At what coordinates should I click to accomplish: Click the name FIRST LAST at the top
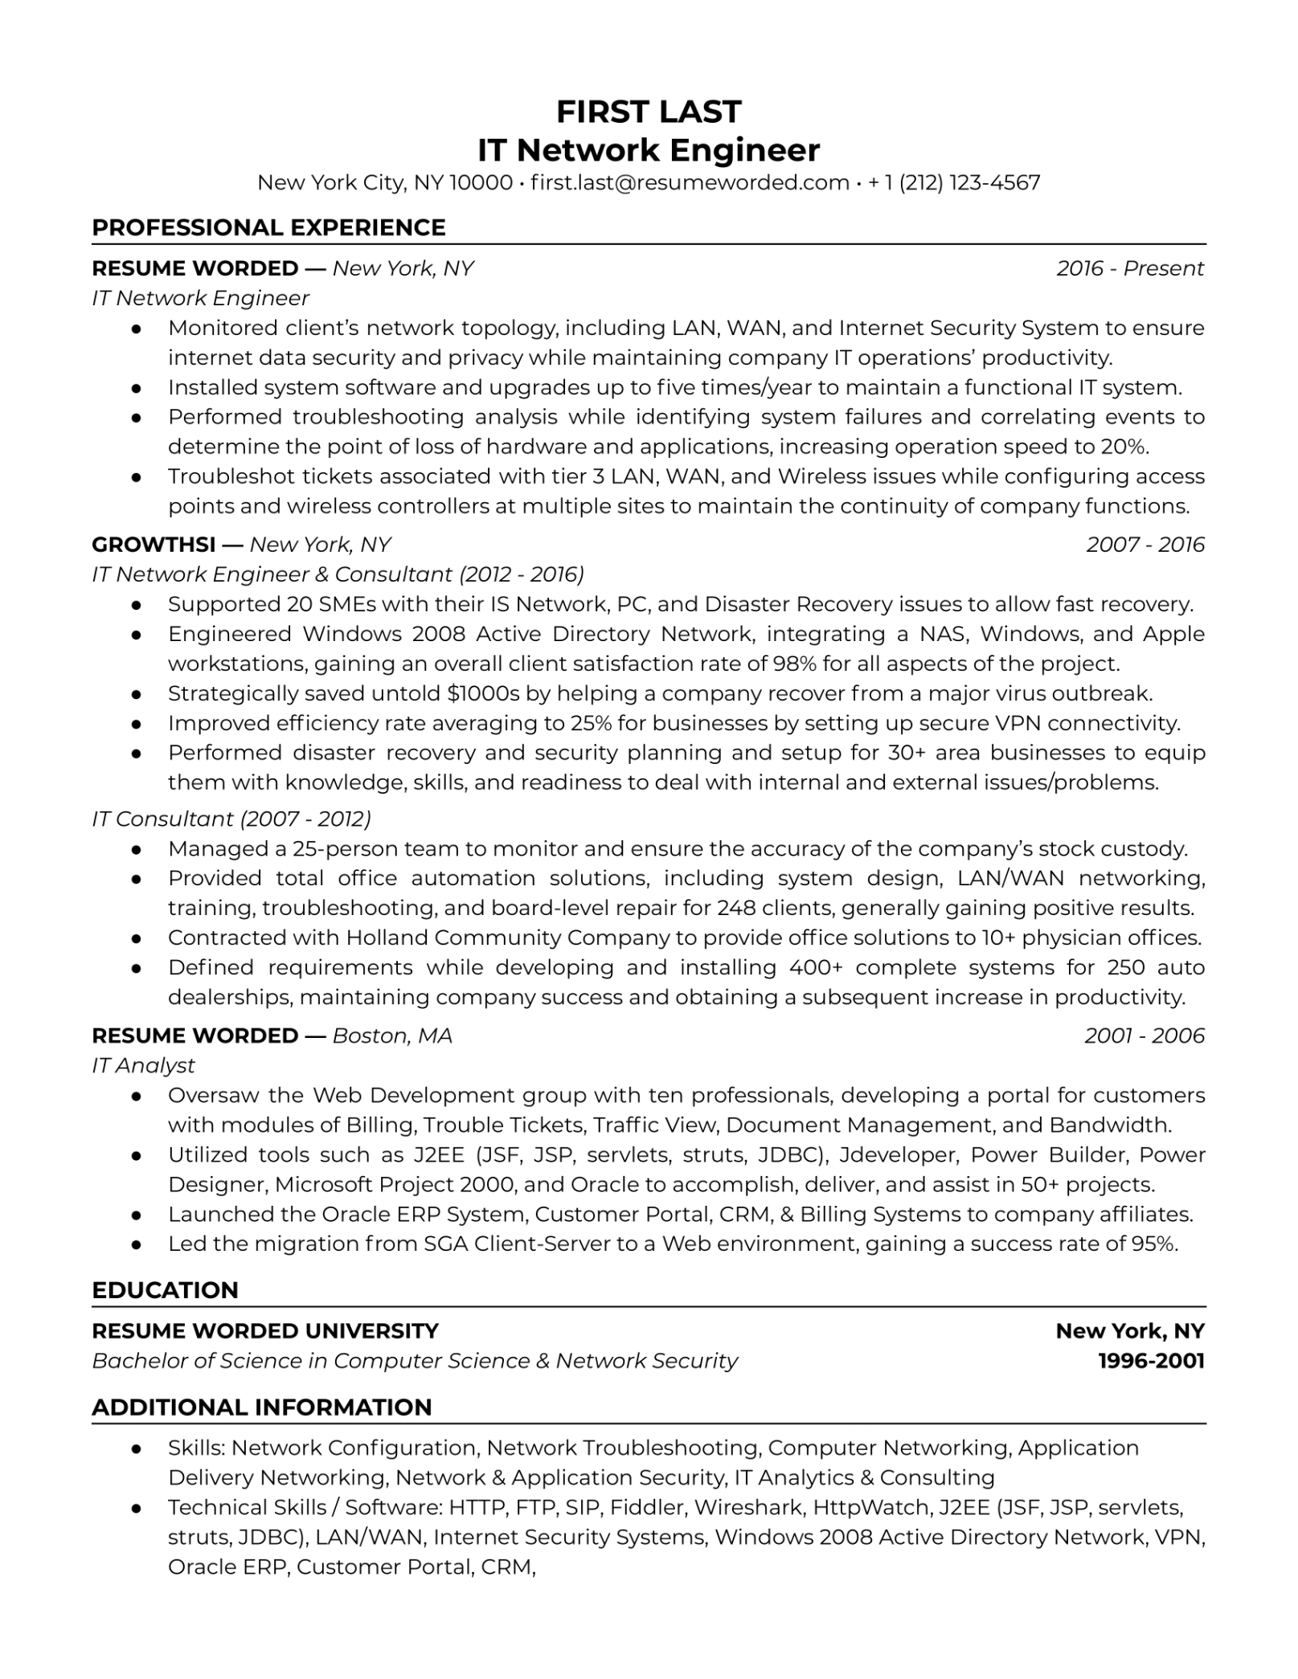click(x=649, y=112)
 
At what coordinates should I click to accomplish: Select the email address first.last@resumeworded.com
click(x=690, y=183)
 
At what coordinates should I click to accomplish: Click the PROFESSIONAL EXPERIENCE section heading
click(x=268, y=227)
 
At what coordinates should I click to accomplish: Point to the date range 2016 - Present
click(x=1130, y=268)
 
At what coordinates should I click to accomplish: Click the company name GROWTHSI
click(x=154, y=545)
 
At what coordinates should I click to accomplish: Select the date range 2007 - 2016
click(x=1145, y=545)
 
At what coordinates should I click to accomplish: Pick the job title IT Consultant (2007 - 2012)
click(x=231, y=819)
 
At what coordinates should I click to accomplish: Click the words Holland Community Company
click(x=508, y=938)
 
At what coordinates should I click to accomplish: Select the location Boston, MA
click(x=392, y=1036)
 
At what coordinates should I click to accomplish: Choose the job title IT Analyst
click(x=143, y=1065)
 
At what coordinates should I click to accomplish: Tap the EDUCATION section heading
click(x=165, y=1290)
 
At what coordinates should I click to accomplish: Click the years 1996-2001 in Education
click(x=1151, y=1361)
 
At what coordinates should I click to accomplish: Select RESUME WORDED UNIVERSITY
click(x=265, y=1331)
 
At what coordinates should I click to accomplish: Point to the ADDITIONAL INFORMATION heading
click(x=262, y=1407)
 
